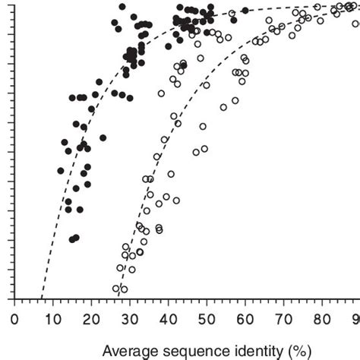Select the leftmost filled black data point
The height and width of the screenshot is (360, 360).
pos(61,171)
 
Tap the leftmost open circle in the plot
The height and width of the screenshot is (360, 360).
pos(116,288)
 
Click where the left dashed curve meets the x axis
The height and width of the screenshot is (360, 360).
pos(42,298)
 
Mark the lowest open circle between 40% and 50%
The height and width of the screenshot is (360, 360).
pos(176,201)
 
